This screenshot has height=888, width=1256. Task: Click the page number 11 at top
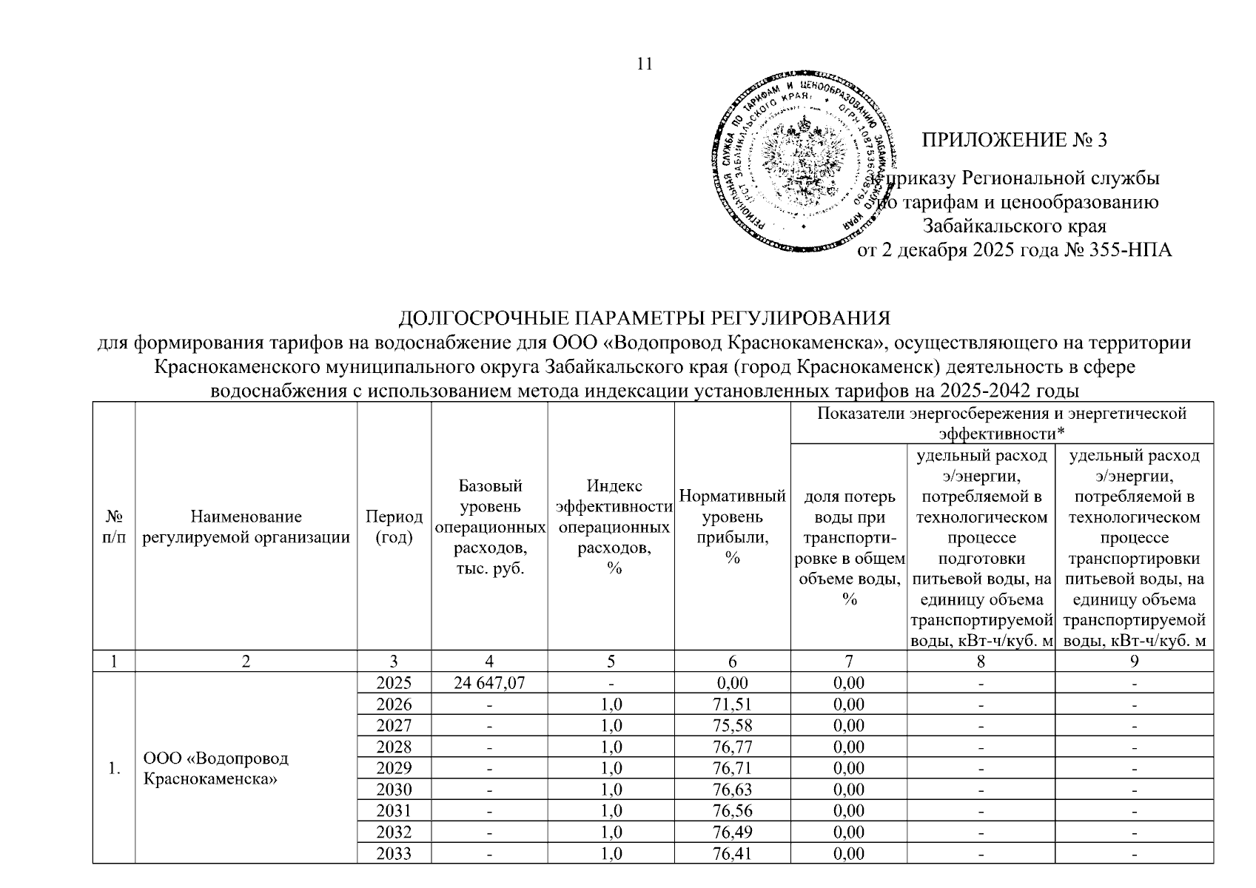[645, 64]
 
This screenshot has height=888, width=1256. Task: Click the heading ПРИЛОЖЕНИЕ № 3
[1014, 140]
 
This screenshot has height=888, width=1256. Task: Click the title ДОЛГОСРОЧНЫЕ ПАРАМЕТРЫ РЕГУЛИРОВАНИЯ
[644, 318]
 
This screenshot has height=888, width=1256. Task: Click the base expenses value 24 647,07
[489, 683]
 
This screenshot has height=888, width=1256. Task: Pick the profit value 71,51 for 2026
[732, 704]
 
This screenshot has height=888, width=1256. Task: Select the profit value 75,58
[732, 725]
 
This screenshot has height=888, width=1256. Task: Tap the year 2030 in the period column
[394, 790]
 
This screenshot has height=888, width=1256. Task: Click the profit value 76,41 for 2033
[732, 854]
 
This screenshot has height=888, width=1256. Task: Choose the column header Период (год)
[394, 527]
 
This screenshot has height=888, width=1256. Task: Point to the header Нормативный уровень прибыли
[732, 527]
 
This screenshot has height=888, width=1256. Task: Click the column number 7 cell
[848, 662]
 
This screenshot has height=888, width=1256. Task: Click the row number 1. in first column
[113, 768]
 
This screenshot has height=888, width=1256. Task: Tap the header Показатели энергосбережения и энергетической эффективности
[1001, 423]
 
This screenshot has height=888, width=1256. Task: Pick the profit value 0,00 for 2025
[732, 683]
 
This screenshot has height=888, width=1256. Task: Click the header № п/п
[113, 527]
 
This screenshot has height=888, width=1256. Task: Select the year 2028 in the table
[394, 747]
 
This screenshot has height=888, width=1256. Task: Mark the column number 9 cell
[1134, 662]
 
